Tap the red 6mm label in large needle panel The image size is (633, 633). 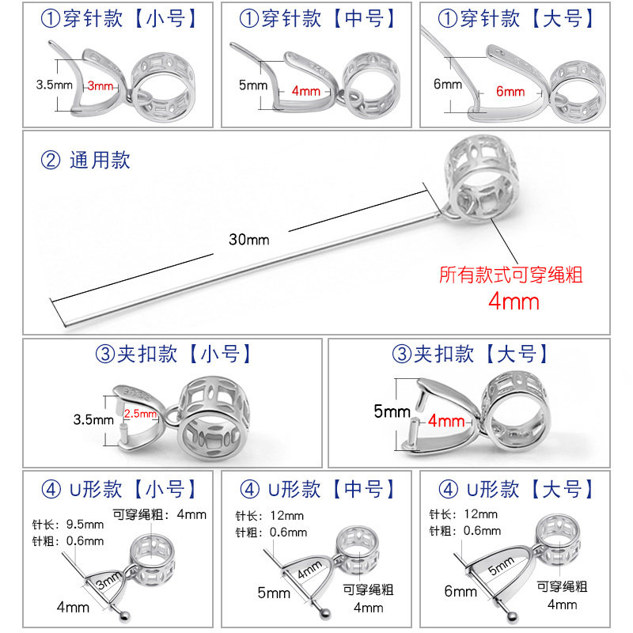[x=510, y=92]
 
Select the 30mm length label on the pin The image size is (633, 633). [x=248, y=239]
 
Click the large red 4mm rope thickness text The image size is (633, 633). [x=514, y=301]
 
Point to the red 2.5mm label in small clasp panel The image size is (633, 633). [x=142, y=413]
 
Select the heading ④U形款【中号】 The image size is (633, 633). [x=316, y=488]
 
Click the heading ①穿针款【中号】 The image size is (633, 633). [x=316, y=18]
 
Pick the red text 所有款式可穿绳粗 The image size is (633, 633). [x=511, y=275]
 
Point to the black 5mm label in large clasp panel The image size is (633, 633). [x=392, y=411]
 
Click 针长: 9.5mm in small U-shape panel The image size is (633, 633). [x=68, y=524]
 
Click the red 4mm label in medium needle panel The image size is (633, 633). [x=305, y=90]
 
